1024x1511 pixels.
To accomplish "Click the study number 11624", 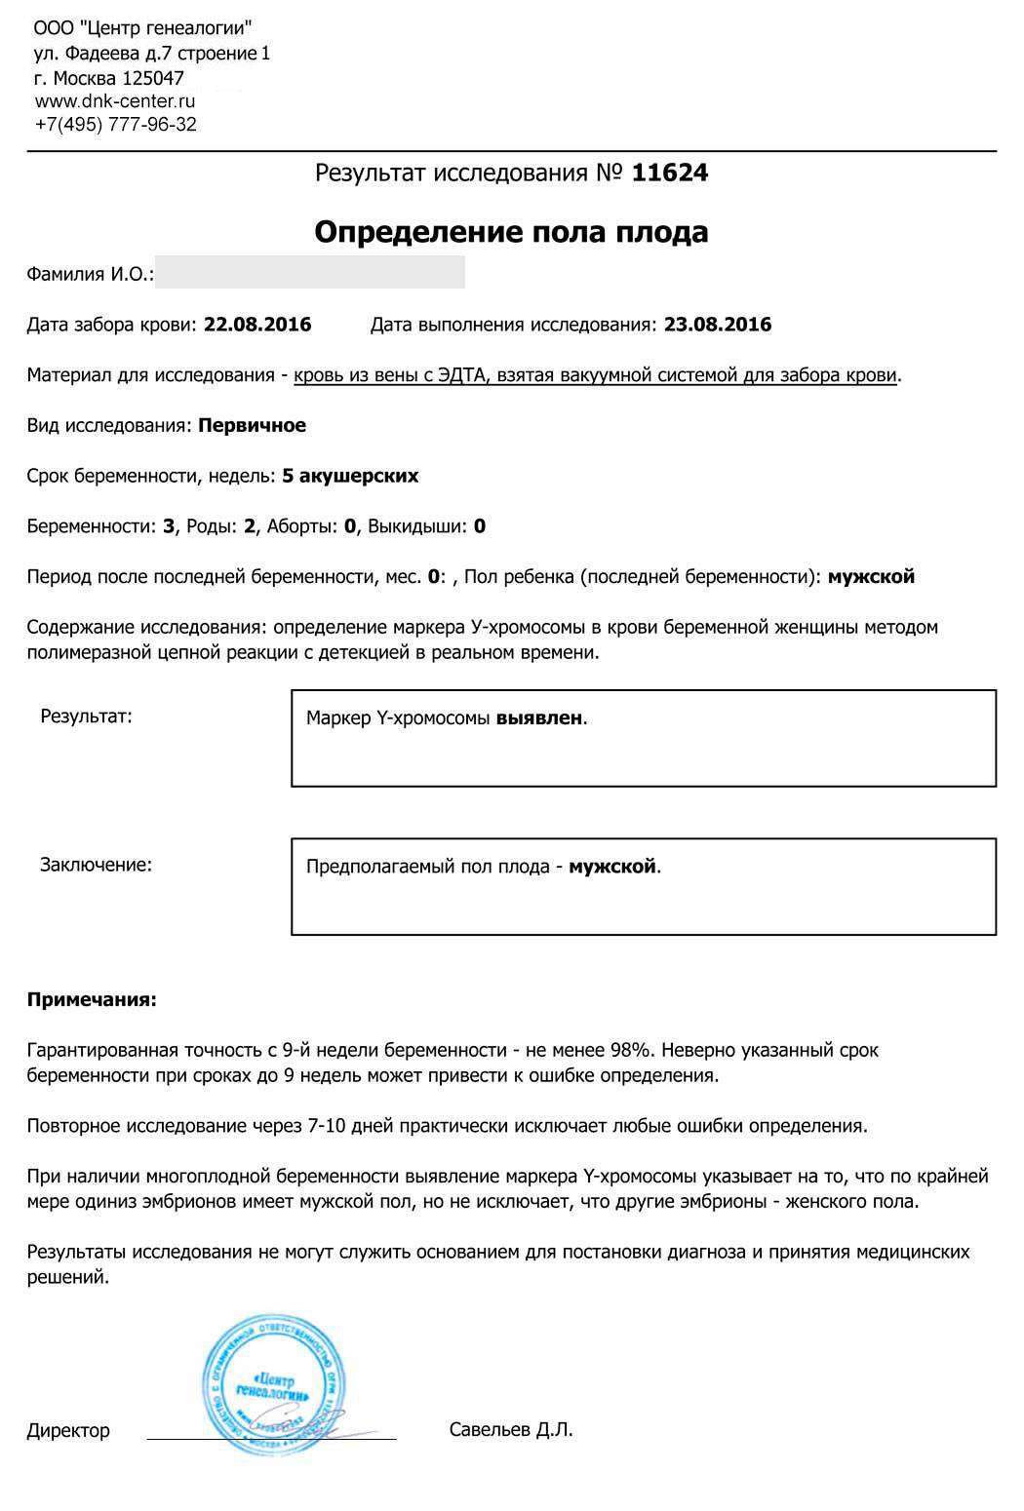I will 670,174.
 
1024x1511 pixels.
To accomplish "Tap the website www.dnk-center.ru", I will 115,101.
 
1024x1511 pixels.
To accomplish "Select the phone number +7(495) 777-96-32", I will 115,125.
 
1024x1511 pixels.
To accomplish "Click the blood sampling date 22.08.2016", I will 257,325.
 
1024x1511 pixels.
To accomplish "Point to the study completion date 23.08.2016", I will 718,325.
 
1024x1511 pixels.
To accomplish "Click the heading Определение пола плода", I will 511,233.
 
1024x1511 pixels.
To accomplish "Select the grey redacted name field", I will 310,273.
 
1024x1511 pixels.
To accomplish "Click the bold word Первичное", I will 252,425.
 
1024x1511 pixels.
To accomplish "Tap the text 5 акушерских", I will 350,476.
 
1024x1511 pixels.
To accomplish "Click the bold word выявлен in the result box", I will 539,718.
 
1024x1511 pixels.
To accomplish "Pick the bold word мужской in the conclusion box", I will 612,867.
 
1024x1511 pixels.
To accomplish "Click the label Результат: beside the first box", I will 86,717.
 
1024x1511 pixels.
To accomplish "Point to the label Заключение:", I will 96,865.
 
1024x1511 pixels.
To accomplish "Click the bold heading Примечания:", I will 92,999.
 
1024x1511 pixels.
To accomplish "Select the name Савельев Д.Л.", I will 511,1430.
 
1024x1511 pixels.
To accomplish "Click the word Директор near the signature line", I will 68,1431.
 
